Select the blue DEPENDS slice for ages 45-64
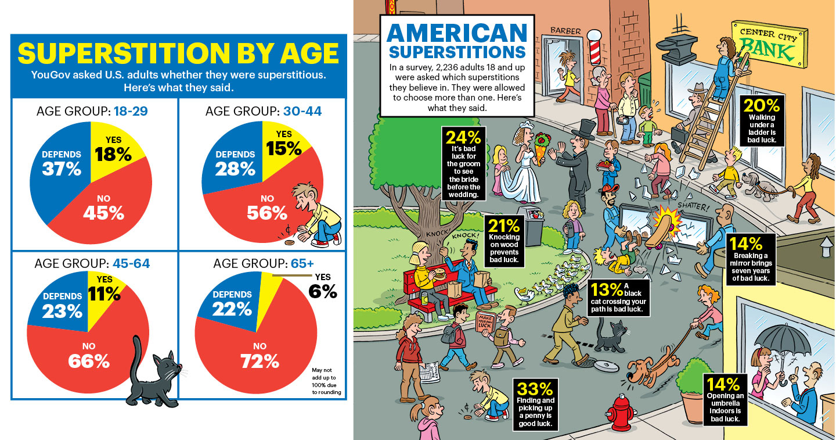click(x=62, y=303)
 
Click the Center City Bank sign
click(x=769, y=43)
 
